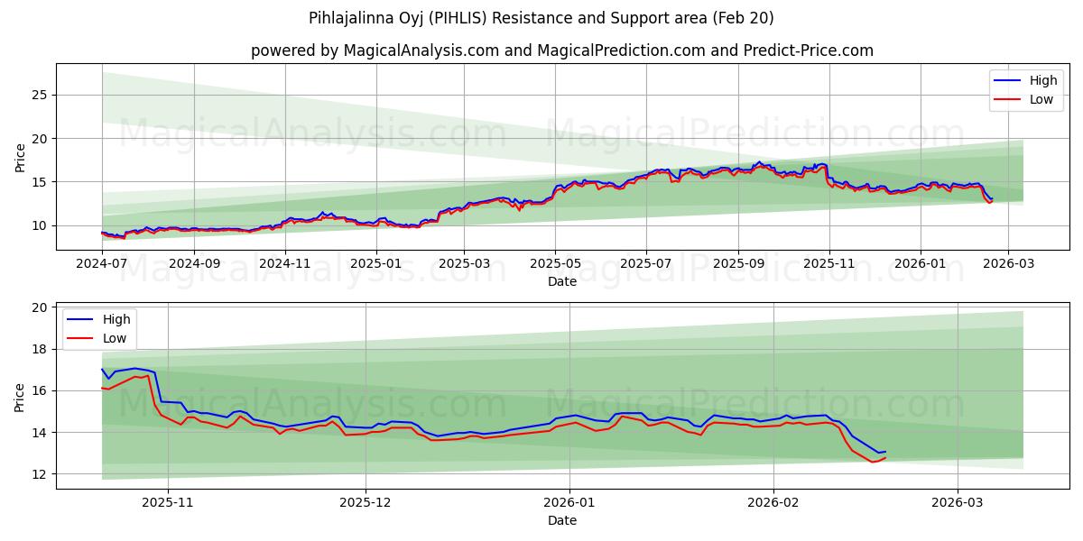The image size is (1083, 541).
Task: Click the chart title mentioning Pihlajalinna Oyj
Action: click(541, 18)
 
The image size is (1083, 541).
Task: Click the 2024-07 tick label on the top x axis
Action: click(102, 264)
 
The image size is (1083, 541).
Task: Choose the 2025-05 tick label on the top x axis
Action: click(554, 264)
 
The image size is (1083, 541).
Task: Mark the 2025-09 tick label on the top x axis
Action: click(738, 264)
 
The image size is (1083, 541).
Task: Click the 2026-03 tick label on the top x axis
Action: click(1008, 264)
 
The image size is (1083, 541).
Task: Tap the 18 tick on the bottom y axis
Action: click(40, 349)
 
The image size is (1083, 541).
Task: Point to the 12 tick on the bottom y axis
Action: click(40, 474)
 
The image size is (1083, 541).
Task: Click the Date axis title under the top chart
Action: click(561, 281)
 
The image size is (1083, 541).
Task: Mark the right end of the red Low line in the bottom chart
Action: click(885, 458)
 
